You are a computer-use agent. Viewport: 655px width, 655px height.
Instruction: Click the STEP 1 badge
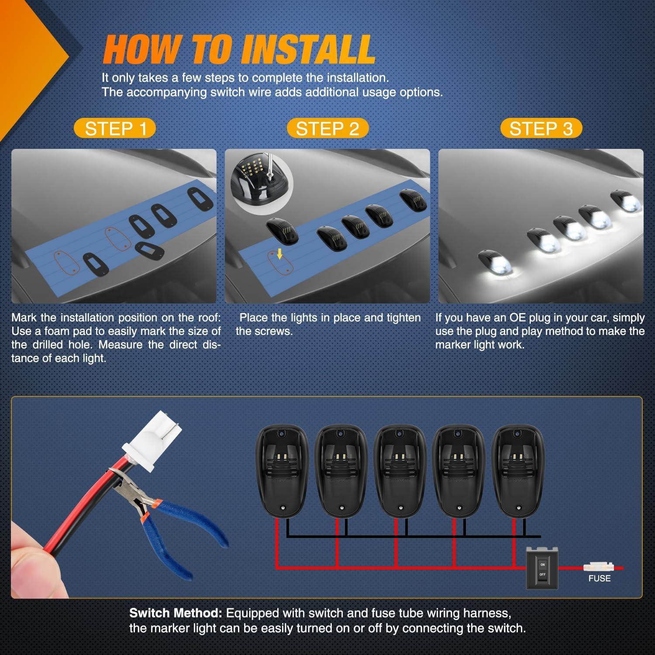click(115, 128)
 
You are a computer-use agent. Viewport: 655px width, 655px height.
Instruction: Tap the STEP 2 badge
click(327, 128)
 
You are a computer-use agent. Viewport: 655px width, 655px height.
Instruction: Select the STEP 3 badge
click(541, 128)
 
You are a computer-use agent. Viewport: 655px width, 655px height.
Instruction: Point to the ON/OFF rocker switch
click(542, 567)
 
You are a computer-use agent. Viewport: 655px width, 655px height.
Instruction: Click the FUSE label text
click(599, 578)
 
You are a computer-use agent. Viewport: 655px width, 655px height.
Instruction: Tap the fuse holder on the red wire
click(598, 567)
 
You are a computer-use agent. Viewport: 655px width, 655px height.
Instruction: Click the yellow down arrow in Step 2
click(280, 253)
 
